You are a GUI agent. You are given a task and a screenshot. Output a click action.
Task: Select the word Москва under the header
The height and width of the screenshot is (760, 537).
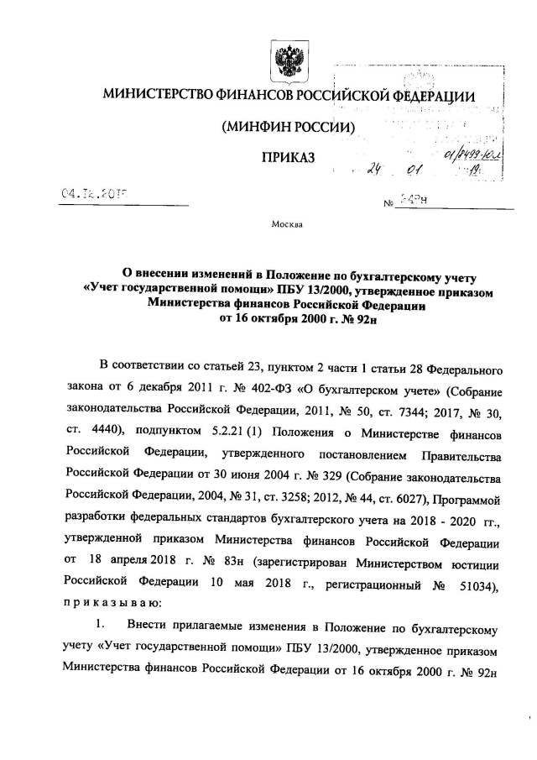(288, 225)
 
